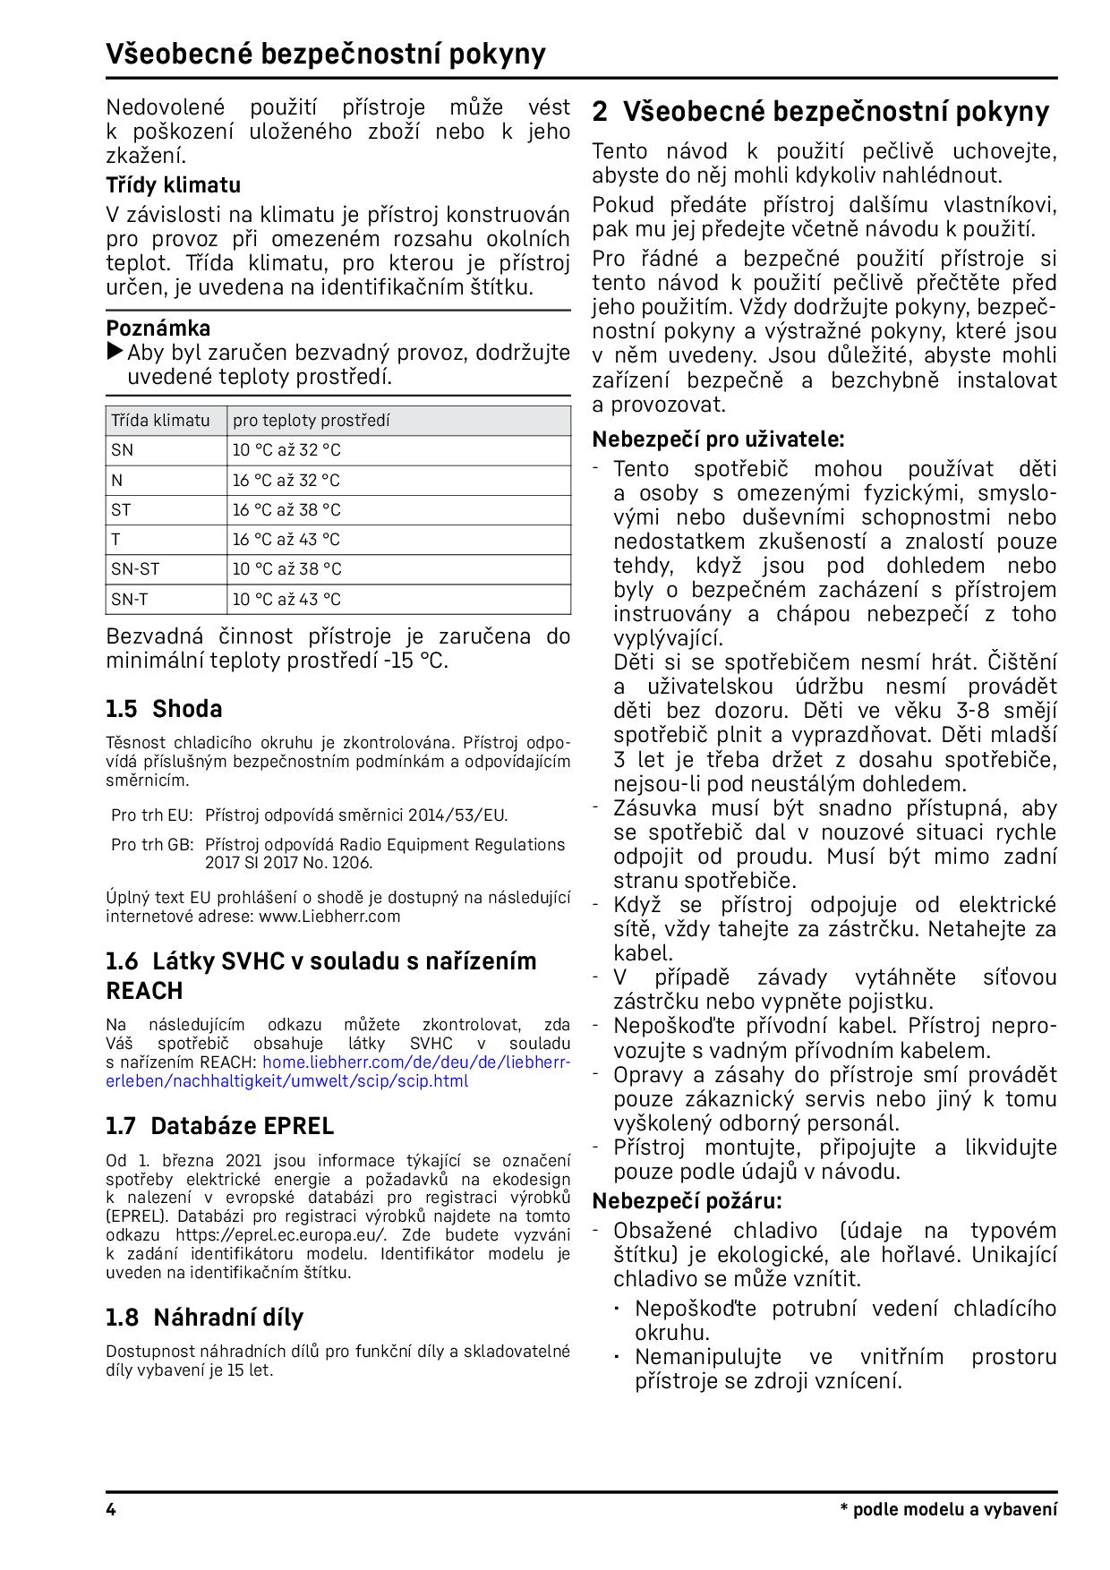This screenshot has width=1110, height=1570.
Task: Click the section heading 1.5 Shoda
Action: coord(164,709)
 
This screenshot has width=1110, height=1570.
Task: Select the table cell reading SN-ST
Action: coord(135,569)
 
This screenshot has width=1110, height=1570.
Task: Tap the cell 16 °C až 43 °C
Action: coord(286,540)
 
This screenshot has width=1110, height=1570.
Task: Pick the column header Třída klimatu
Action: coord(160,421)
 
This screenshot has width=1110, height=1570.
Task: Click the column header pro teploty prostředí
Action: coord(311,421)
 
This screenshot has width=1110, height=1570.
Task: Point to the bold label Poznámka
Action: coord(158,328)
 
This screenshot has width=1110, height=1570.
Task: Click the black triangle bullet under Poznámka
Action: coord(115,352)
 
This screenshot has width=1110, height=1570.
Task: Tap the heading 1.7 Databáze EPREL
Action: coord(219,1126)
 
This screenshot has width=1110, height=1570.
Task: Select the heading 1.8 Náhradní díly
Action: coord(204,1318)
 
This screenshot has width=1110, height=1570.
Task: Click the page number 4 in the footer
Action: coord(111,1510)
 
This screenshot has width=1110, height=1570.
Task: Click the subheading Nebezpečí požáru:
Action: coord(687,1200)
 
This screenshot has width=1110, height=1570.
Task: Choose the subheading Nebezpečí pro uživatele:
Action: coord(718,439)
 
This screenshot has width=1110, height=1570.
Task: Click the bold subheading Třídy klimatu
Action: coord(174,185)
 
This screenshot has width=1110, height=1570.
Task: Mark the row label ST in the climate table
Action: coord(121,510)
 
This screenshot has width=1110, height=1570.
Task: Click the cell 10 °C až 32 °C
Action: coord(286,450)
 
